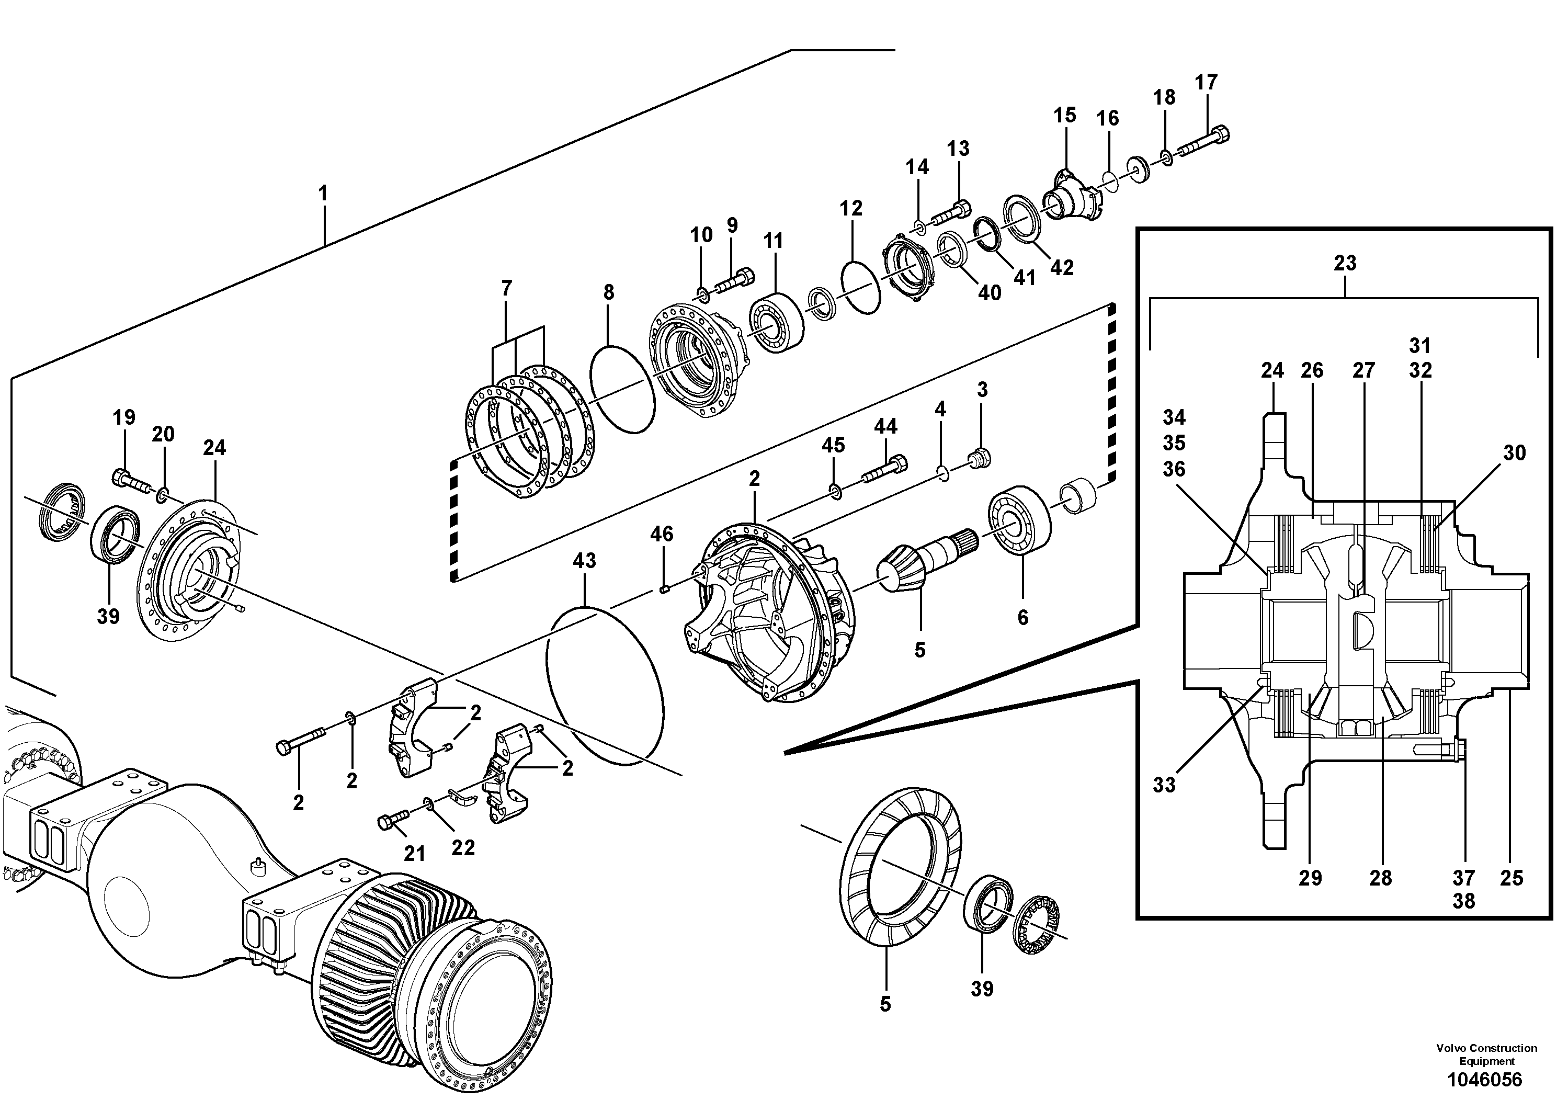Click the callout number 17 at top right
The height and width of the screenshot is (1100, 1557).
tap(1207, 82)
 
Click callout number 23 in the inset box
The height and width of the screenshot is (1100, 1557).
tap(1345, 263)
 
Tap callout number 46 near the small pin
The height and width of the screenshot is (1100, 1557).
tap(662, 535)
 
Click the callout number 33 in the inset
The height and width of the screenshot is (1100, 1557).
tap(1164, 785)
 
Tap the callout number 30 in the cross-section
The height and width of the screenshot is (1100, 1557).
tap(1514, 453)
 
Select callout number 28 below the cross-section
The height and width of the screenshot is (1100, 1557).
tap(1380, 878)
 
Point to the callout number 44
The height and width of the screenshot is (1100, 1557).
tap(885, 427)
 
